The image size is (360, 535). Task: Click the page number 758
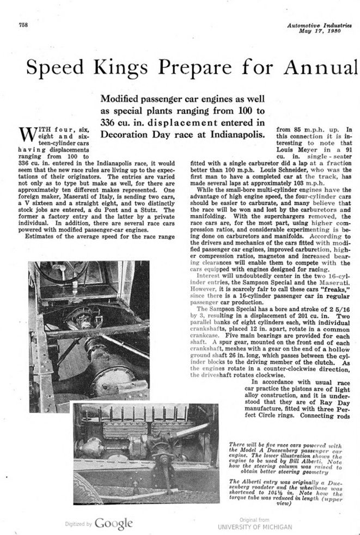click(23, 25)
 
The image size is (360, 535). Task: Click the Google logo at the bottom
click(113, 524)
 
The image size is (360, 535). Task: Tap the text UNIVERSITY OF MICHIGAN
click(255, 527)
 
